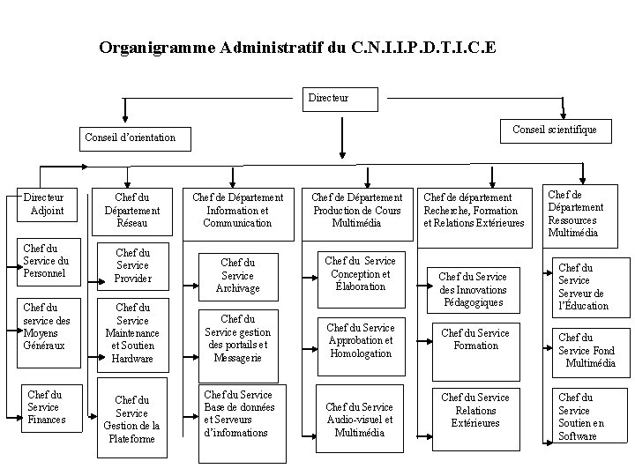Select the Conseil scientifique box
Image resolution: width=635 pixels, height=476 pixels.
tap(560, 130)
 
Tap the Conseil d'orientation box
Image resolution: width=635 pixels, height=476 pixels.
tap(130, 137)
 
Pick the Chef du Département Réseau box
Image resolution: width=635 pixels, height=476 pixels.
tap(132, 211)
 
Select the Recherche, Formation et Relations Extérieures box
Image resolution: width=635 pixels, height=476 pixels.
tap(474, 211)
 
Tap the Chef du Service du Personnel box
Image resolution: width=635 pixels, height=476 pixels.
tap(46, 262)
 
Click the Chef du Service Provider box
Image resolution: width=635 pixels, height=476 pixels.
tap(132, 265)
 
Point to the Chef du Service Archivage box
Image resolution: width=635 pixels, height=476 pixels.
tap(237, 274)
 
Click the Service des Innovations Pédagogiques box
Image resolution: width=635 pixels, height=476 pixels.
tap(474, 289)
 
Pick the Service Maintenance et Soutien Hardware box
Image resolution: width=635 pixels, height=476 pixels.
tap(132, 333)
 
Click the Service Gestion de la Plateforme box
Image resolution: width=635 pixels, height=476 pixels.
tap(132, 419)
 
